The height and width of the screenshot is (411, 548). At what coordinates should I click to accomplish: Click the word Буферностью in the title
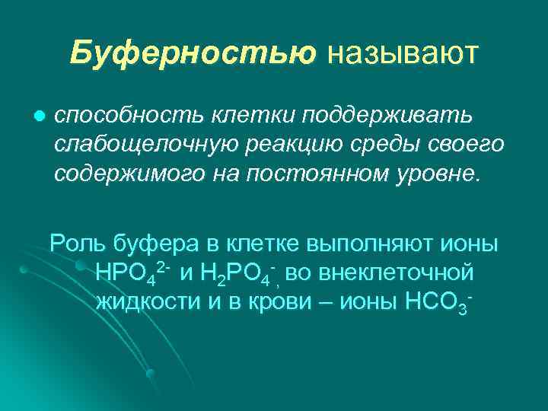193,53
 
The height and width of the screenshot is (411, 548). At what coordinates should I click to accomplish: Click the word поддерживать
388,116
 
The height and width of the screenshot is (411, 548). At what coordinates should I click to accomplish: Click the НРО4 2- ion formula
132,273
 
